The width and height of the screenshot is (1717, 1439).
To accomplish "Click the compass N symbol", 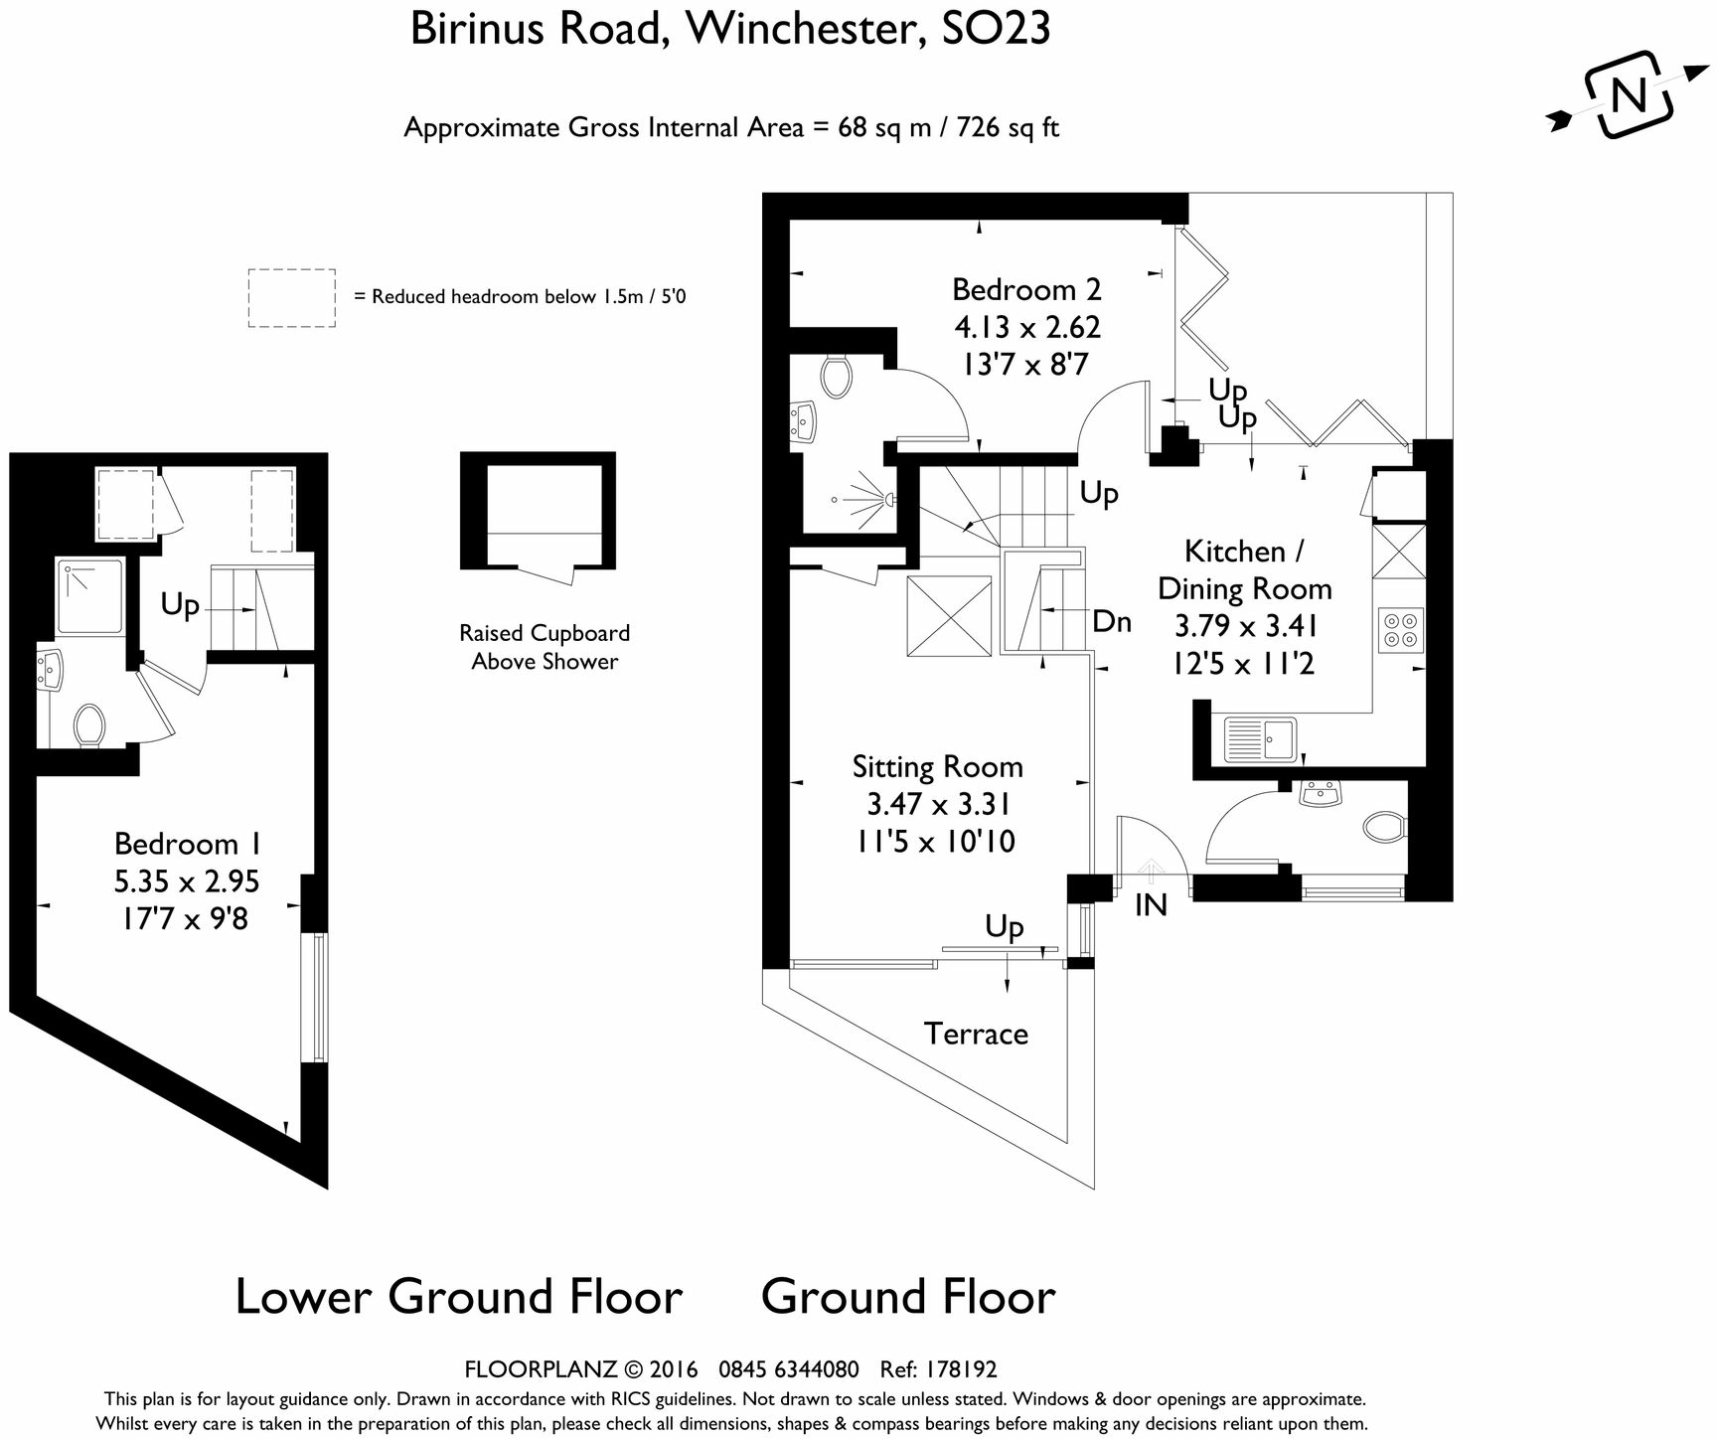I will pos(1628,96).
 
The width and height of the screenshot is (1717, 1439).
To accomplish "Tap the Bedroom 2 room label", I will pos(1026,289).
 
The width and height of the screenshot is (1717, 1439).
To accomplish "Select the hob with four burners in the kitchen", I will pos(1401,630).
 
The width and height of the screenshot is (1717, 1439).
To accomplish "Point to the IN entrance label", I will pos(1151,905).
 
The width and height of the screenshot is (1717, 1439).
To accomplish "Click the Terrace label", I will pos(976,1035).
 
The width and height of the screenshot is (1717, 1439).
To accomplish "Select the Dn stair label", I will pos(1112,622).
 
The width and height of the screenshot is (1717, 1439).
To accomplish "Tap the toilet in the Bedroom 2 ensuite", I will pos(837,377).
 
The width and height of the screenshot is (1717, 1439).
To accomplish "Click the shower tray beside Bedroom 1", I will pos(90,596).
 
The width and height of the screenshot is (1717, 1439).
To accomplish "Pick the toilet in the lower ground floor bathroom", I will pos(89,724).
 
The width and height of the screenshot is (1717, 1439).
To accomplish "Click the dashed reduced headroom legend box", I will pos(291,297).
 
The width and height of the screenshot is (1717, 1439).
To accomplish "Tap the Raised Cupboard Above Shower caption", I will pos(545,647).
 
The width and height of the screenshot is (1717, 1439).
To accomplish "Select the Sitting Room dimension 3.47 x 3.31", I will pos(938,804).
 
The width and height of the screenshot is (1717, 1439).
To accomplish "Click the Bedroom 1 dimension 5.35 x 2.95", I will pos(187,881).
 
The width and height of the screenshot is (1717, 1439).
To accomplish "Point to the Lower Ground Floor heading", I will pos(458,1297).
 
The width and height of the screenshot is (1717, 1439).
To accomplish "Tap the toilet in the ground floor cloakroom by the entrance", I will pos(1384,826).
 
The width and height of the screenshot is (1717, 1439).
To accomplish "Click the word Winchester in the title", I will pos(802,29).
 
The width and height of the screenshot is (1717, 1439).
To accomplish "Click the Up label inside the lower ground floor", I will pos(180,604).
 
